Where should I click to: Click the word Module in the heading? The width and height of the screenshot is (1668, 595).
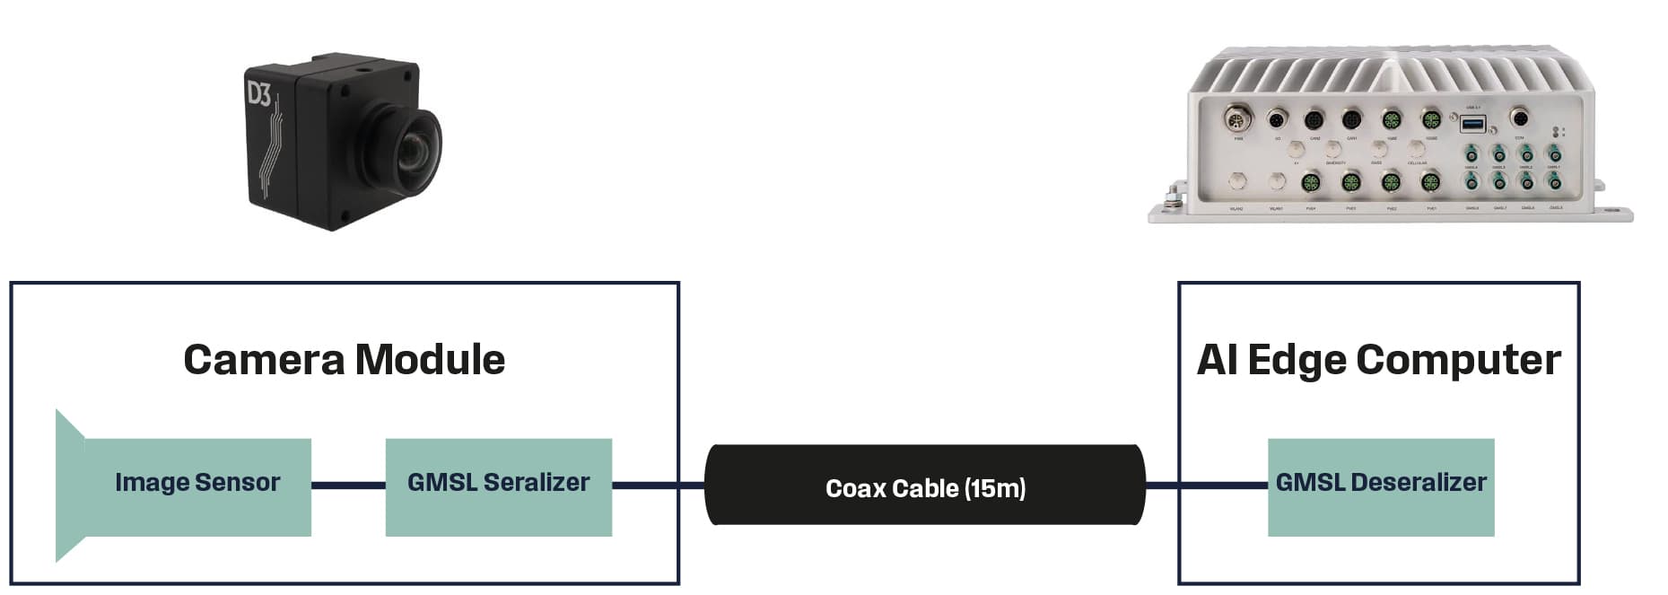tap(430, 360)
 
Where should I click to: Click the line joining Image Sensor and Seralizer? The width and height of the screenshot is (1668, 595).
tap(348, 486)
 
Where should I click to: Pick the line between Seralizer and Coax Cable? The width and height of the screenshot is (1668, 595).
tap(658, 486)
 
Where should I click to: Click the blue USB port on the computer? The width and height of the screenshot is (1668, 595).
tap(1472, 124)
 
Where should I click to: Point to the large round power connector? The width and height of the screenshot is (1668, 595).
tap(1238, 118)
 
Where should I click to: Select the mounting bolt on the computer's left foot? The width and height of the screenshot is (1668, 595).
tap(1172, 197)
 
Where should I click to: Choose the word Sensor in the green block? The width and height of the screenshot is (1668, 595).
tap(238, 483)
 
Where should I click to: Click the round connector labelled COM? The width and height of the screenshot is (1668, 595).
tap(1519, 118)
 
